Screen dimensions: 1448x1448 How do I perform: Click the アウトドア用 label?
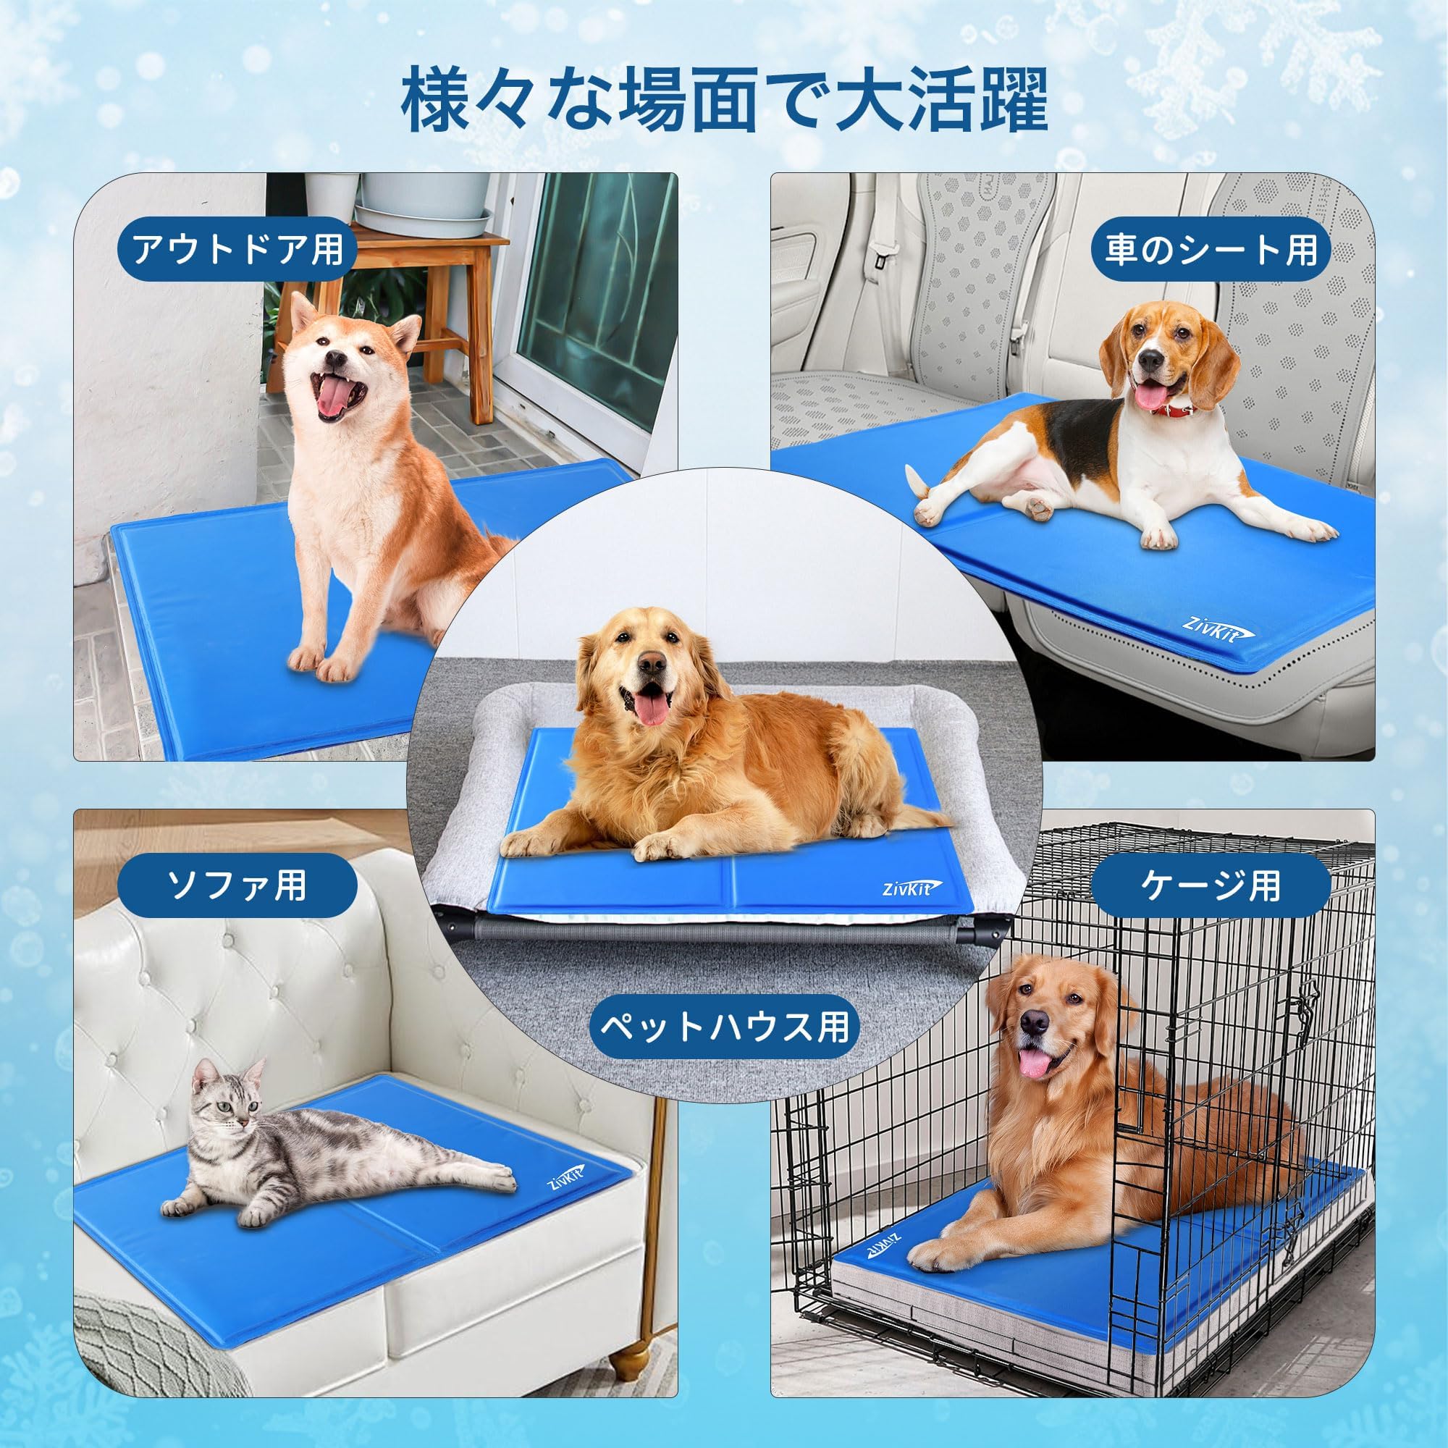pos(237,251)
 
